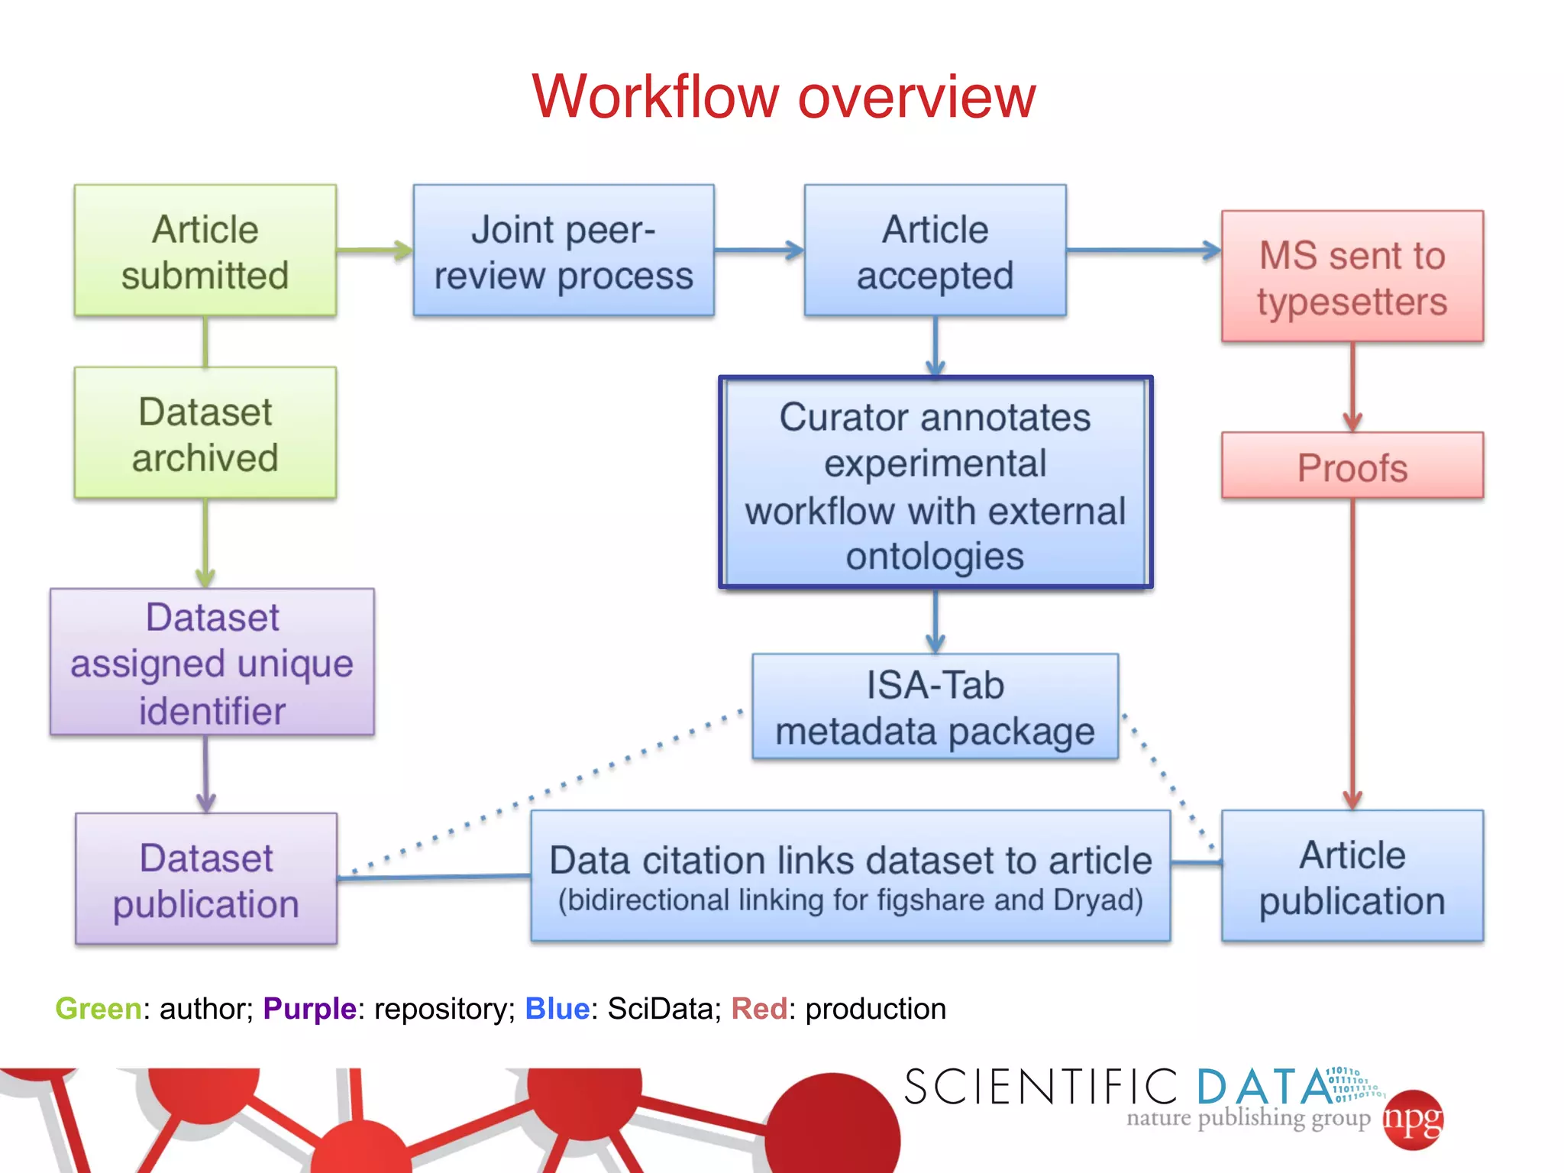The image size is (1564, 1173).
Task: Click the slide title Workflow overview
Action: [784, 97]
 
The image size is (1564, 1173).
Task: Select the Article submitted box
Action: [205, 251]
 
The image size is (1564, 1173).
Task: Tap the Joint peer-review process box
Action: [564, 251]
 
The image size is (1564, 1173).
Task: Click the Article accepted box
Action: [935, 251]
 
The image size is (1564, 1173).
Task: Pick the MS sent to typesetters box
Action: [1352, 277]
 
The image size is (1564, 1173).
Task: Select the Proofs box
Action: [1352, 467]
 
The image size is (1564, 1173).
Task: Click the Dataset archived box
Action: [205, 434]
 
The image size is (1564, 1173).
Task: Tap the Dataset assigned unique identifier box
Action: [212, 663]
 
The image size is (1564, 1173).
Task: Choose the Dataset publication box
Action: [206, 880]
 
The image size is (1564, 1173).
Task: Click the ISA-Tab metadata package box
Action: [935, 707]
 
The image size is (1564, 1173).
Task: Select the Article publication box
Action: [1352, 877]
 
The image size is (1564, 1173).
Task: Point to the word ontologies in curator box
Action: [934, 556]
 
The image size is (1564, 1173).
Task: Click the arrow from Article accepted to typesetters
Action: [1143, 250]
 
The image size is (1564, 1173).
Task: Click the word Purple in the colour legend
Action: [309, 1009]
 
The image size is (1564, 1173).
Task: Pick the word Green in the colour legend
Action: [98, 1009]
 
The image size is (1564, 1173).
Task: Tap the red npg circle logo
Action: [1414, 1120]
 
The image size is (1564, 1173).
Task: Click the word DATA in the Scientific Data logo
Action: [1264, 1087]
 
